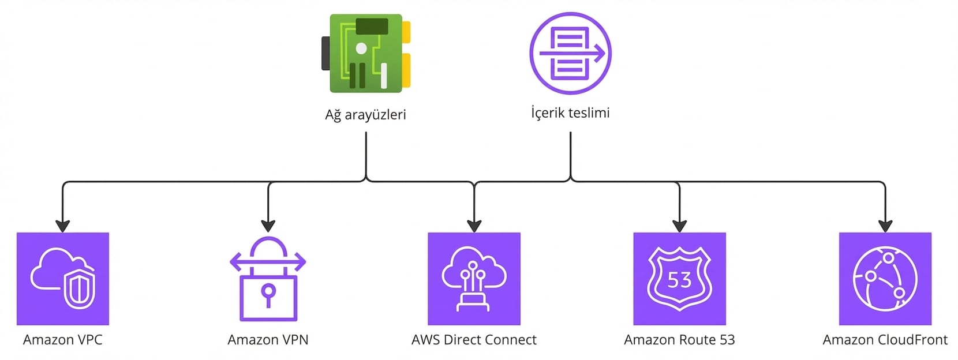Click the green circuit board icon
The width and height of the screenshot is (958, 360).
click(x=366, y=53)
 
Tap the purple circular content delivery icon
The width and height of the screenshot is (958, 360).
click(x=570, y=54)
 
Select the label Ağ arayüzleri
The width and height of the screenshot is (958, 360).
click(x=365, y=115)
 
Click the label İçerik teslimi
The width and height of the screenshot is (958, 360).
click(x=570, y=112)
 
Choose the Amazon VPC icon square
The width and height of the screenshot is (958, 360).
click(x=63, y=279)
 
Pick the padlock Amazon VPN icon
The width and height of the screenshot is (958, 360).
click(x=268, y=279)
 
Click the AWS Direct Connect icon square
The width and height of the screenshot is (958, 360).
click(x=474, y=279)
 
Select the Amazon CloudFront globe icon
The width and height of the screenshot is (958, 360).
click(x=885, y=279)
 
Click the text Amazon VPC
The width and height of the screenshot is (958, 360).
click(x=63, y=340)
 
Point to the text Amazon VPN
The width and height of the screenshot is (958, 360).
click(x=268, y=340)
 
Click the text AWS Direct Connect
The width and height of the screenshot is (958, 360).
click(x=474, y=340)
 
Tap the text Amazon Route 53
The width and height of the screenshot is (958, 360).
click(x=679, y=340)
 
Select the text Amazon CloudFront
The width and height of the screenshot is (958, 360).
click(x=885, y=340)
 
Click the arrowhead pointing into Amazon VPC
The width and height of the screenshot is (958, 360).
click(x=63, y=226)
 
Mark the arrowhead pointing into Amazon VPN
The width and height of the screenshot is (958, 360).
click(x=268, y=226)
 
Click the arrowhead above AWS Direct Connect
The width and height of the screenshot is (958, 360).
click(x=474, y=226)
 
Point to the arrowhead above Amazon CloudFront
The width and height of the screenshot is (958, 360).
click(x=885, y=226)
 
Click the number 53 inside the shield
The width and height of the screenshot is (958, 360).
click(x=679, y=280)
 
